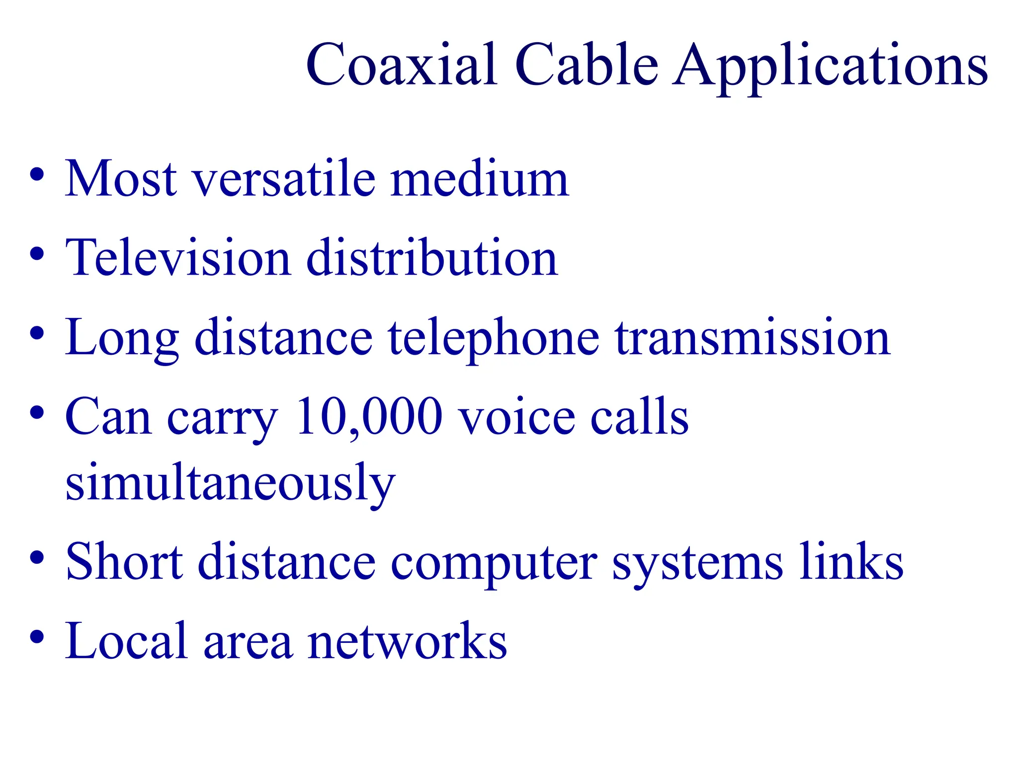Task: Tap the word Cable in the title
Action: point(587,66)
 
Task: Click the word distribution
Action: point(432,258)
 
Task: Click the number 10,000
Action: point(368,417)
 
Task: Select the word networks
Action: point(407,642)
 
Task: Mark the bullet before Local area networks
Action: point(37,637)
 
